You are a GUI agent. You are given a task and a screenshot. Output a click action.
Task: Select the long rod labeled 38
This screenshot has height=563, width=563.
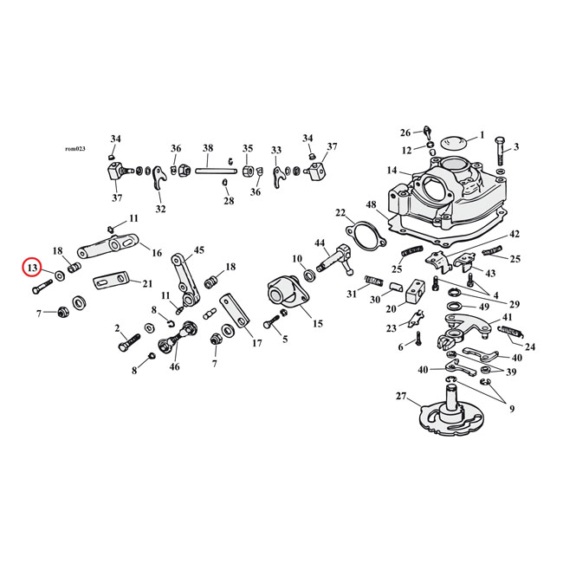[x=208, y=170]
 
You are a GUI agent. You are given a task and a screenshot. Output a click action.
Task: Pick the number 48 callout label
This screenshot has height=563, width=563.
[x=370, y=205]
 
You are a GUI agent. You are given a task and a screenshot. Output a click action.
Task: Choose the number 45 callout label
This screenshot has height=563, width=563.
[x=199, y=250]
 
